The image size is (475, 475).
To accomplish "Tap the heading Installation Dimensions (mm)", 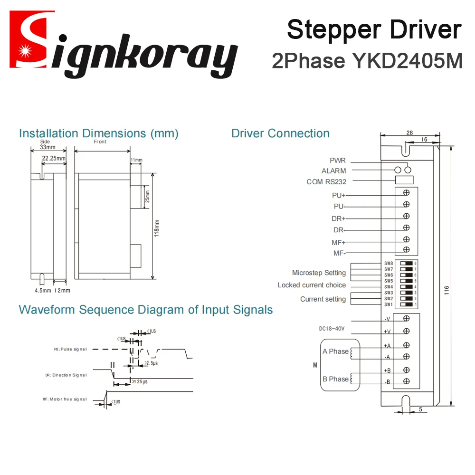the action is (x=99, y=133).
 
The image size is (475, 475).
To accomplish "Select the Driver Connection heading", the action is (x=280, y=133).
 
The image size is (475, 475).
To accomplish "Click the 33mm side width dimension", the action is (x=47, y=147).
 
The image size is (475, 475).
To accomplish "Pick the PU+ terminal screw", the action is (x=407, y=192).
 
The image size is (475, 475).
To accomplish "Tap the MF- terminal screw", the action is (x=407, y=249).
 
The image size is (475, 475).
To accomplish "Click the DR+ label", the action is (x=339, y=218).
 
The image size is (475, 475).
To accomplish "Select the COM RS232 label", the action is (x=326, y=182).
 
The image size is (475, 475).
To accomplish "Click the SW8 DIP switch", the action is (x=406, y=263).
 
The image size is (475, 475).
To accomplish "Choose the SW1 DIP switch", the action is (x=406, y=304).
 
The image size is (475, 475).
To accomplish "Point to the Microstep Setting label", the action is (x=319, y=273).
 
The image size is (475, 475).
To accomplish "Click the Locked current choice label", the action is (x=312, y=285).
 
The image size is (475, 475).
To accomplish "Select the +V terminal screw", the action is (x=406, y=331).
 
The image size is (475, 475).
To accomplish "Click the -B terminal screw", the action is (x=406, y=381).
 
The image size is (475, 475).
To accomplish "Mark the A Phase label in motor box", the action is (x=335, y=351).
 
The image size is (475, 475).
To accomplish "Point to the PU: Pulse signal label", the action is (x=70, y=349).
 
